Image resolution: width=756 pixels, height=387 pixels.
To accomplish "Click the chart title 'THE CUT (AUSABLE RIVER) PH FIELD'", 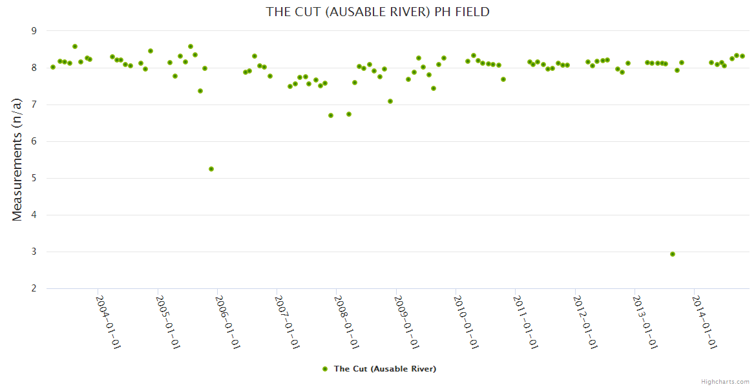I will (378, 12).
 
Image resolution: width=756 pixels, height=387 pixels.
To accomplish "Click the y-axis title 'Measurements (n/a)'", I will (17, 159).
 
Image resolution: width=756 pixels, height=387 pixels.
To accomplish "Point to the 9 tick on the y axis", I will (34, 31).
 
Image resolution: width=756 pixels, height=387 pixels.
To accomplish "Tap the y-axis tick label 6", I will (34, 141).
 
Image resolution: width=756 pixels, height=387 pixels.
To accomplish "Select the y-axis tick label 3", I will (34, 252).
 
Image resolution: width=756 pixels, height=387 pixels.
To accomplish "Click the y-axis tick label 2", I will (34, 288).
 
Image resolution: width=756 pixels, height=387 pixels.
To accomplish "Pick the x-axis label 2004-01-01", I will (109, 322).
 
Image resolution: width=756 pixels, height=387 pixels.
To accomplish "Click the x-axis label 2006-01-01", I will (227, 322).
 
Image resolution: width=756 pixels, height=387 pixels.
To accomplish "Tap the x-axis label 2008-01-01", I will (346, 322).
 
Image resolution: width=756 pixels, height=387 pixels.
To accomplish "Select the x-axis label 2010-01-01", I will (466, 322).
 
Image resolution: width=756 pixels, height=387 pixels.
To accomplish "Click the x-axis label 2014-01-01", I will (704, 322).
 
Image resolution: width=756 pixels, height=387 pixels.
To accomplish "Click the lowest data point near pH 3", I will (673, 254).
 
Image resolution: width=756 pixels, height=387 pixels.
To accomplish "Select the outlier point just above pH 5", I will (211, 169).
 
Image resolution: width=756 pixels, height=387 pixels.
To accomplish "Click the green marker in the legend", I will (325, 369).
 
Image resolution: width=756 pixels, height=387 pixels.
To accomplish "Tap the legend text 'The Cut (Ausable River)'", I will (384, 369).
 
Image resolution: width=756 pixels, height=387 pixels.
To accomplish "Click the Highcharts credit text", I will (725, 381).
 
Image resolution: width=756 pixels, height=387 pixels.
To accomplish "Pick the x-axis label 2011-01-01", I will (525, 322).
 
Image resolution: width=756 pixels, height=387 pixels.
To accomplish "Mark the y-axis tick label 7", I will (34, 104).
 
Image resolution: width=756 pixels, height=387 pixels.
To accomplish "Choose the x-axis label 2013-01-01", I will (645, 322).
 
